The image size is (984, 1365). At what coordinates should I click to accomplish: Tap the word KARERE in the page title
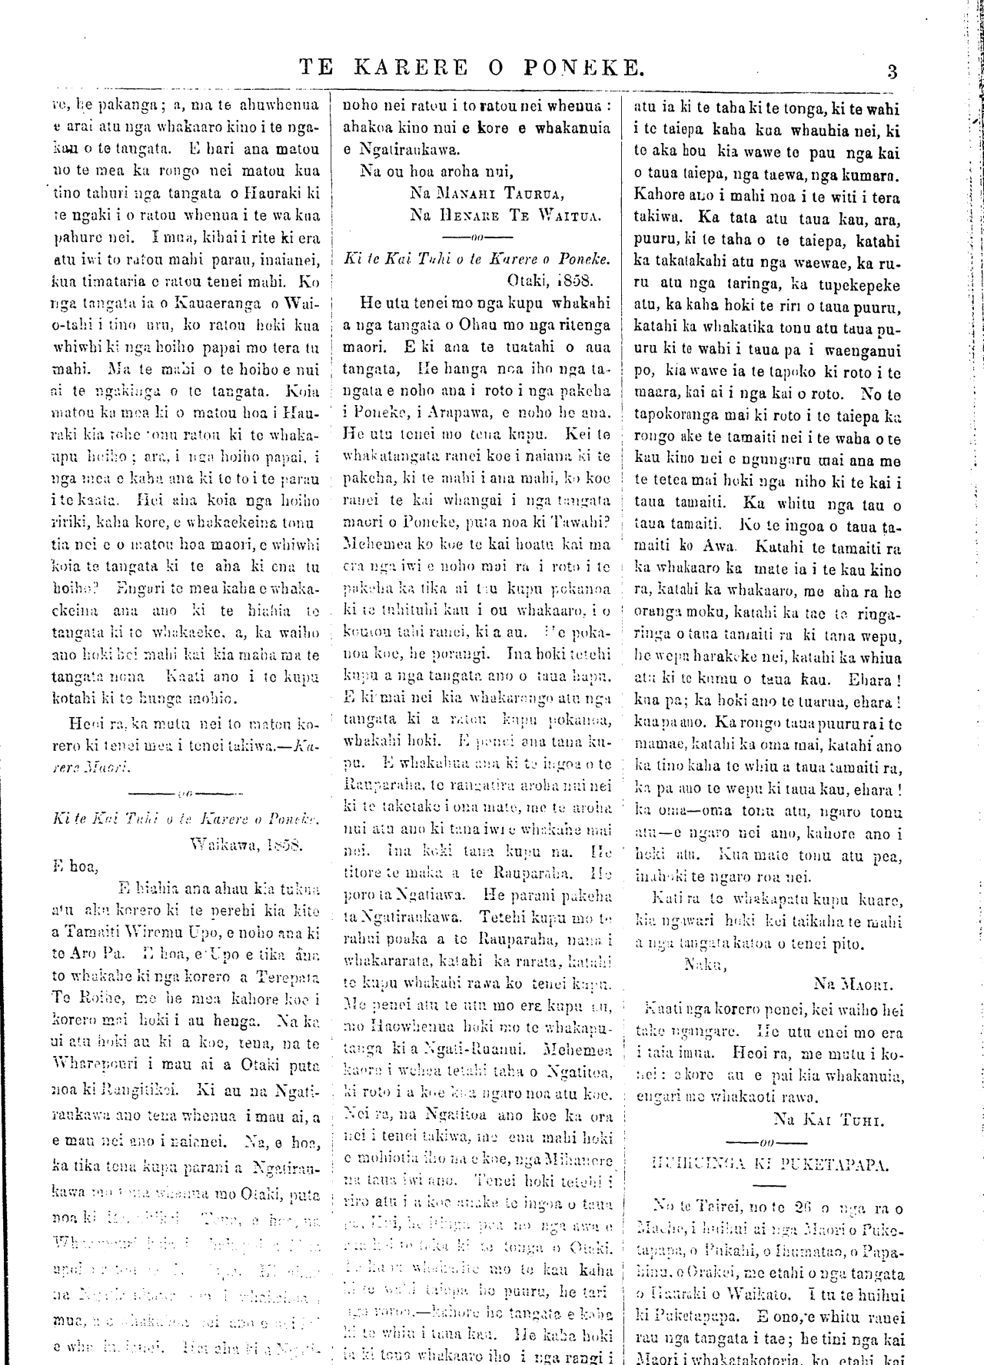coord(411,68)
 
